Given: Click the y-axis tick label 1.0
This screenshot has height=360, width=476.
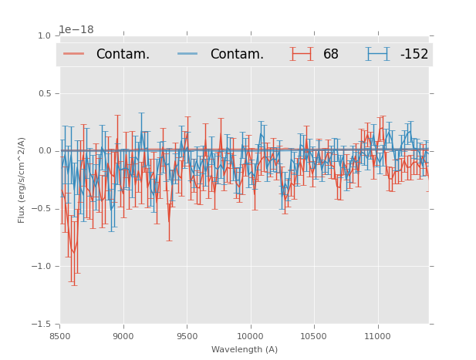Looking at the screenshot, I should tap(44, 35).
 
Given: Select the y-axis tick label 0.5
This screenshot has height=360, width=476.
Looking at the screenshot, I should tap(44, 93).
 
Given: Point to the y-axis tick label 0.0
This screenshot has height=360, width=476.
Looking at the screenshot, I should tap(44, 151).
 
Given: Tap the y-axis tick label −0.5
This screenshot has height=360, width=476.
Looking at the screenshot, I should tap(42, 209).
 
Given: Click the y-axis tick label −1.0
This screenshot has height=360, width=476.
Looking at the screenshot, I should tap(42, 267).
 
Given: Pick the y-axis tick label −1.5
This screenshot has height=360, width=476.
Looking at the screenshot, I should tap(42, 325).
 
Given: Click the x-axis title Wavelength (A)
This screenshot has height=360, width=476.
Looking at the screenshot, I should tap(245, 350).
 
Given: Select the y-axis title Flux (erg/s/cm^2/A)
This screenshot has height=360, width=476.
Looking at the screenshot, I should tap(22, 180).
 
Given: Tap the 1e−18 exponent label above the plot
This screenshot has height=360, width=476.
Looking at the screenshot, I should tap(76, 30).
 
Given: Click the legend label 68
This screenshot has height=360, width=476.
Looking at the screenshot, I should tap(331, 55).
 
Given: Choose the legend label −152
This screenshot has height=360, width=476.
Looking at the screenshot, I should tap(414, 55).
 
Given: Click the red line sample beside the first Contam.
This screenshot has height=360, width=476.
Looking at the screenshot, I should tap(75, 54).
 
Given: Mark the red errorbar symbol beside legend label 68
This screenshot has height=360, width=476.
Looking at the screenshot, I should tap(302, 54).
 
